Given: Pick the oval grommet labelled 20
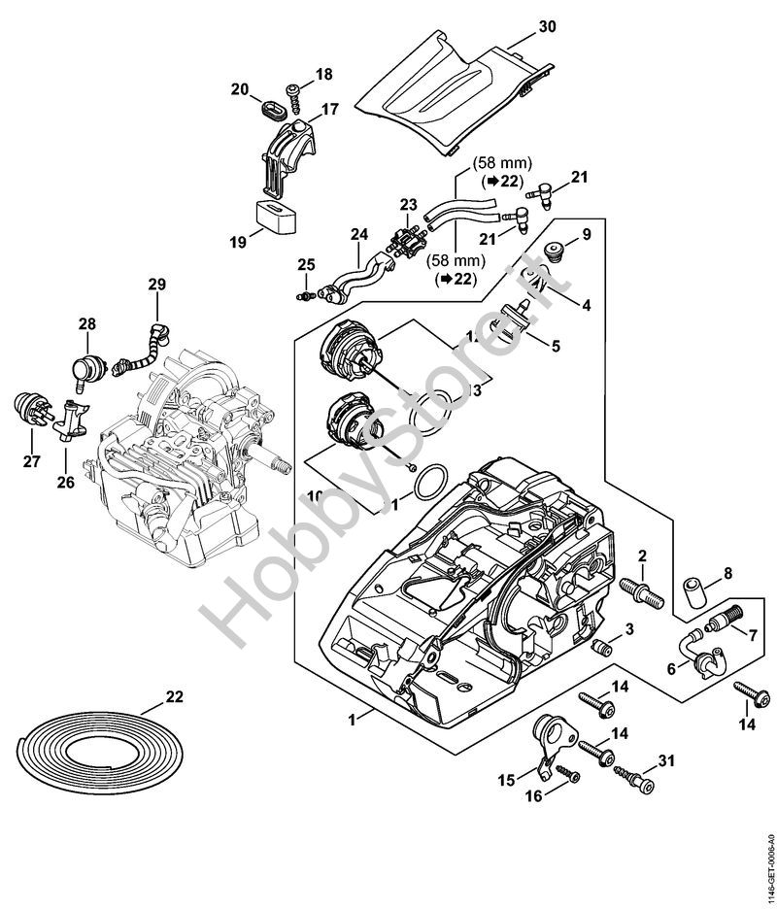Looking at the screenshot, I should pyautogui.click(x=270, y=103).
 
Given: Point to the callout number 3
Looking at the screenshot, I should pyautogui.click(x=629, y=629).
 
